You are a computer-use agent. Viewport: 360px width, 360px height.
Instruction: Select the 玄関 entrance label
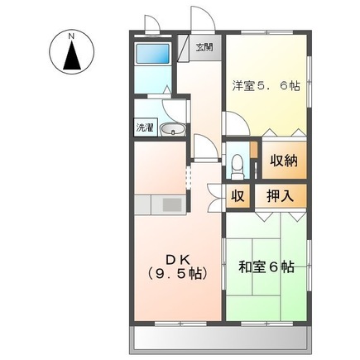[204, 47]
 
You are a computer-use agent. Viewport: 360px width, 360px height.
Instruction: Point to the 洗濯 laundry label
[145, 128]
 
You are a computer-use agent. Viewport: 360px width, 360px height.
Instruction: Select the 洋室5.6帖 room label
[266, 85]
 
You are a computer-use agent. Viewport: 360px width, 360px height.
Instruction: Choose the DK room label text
[176, 257]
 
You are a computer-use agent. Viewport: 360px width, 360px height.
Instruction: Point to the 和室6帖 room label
[266, 266]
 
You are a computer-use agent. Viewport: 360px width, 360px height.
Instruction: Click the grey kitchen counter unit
[161, 204]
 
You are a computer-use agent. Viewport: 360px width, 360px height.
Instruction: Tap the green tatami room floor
[265, 290]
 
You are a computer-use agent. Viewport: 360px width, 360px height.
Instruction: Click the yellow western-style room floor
[265, 108]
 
